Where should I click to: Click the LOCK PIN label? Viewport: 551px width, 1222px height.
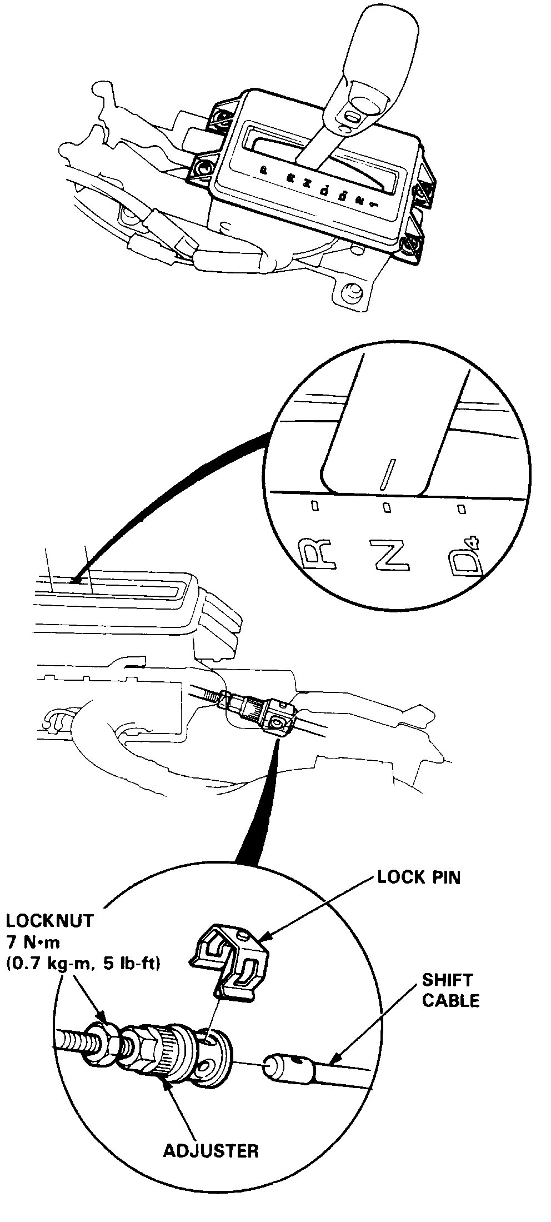[x=419, y=877]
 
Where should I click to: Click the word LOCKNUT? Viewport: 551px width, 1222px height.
[x=50, y=920]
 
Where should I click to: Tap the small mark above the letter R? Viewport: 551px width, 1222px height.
[x=315, y=505]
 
